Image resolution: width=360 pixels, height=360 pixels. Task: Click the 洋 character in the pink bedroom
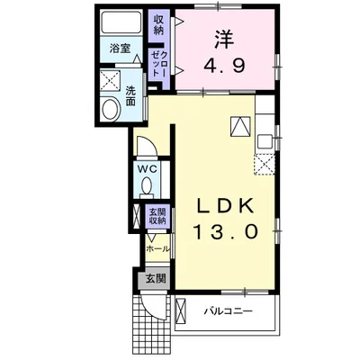coord(225,40)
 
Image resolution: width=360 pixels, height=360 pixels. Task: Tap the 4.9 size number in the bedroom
coord(225,66)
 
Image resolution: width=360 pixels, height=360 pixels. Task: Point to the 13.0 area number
coord(226,231)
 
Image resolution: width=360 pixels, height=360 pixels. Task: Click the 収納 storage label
coord(158,24)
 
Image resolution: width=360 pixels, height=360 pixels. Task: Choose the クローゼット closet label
coord(158,66)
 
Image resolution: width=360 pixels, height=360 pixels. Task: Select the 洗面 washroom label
coord(131,95)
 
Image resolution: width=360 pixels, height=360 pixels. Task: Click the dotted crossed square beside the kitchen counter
coord(265,162)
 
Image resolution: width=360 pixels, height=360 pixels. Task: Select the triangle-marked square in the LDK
coord(241,127)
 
